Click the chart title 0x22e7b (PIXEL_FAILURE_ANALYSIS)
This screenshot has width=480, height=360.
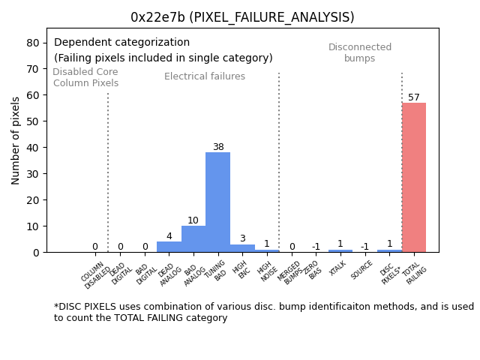tap(242, 17)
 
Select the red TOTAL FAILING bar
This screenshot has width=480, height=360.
tap(413, 177)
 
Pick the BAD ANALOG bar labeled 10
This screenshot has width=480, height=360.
tap(193, 239)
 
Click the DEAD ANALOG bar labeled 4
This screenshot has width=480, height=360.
tap(169, 247)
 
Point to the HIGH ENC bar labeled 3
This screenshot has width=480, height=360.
tap(242, 248)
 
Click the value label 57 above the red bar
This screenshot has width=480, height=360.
tap(414, 97)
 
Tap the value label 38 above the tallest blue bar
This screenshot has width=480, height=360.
tap(217, 147)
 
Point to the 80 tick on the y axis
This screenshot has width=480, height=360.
tap(33, 43)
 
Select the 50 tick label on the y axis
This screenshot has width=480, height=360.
tap(33, 121)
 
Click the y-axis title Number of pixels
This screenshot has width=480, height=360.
tap(16, 140)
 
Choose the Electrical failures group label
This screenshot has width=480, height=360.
tap(205, 76)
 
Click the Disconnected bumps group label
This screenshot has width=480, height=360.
tap(360, 53)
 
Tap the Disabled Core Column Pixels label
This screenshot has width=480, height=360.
tap(85, 78)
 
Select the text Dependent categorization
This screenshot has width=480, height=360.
tap(121, 43)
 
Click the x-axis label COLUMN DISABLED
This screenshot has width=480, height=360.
tap(96, 274)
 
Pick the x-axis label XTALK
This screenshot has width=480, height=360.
tap(338, 269)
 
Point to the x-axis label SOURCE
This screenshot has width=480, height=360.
tap(362, 270)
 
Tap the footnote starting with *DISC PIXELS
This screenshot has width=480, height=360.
tap(263, 312)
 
